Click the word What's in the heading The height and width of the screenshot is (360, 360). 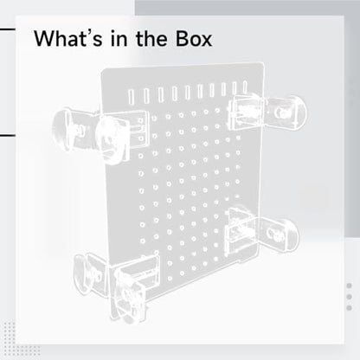tap(67, 38)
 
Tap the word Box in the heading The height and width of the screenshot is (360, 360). tap(194, 38)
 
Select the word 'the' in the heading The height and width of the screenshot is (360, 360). tap(151, 38)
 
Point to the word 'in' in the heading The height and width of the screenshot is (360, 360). tap(119, 39)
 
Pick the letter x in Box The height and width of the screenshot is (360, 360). tap(205, 41)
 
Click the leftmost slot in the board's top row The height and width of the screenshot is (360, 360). tap(131, 97)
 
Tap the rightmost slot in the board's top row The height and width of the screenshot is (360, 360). tap(245, 87)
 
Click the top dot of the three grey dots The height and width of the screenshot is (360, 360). tap(349, 286)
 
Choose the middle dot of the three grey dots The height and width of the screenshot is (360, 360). tap(349, 297)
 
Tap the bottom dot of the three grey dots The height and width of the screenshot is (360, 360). tap(349, 307)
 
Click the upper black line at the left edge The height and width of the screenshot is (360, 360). tap(8, 29)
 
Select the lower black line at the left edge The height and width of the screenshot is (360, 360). tap(8, 135)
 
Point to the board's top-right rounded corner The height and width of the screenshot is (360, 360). tap(262, 64)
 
